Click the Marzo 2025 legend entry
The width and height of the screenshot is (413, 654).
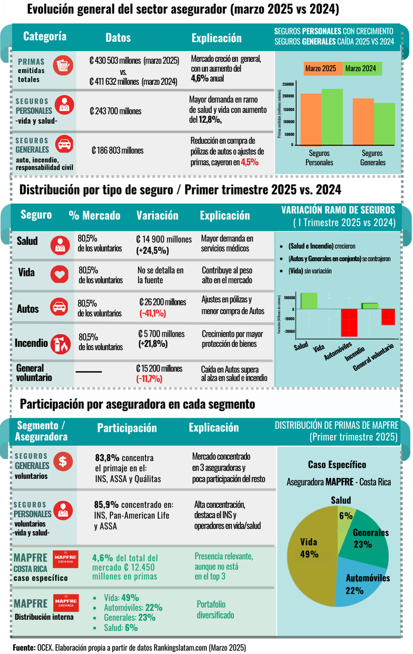[x=321, y=68]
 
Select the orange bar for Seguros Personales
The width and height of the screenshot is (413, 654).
[x=310, y=119]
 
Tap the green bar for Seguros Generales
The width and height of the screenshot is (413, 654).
[x=384, y=124]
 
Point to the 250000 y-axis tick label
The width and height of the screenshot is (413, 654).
[x=288, y=84]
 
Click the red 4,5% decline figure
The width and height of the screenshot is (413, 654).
[x=250, y=162]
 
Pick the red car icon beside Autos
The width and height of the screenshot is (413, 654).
[x=59, y=307]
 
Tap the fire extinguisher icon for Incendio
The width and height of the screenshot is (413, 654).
[x=61, y=343]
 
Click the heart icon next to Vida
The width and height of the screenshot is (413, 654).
[x=59, y=274]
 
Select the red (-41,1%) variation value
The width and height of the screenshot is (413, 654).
[x=153, y=313]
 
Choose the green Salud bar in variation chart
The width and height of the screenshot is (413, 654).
[x=309, y=301]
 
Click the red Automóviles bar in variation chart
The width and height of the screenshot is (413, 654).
[x=349, y=322]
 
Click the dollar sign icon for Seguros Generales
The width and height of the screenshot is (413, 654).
[x=63, y=461]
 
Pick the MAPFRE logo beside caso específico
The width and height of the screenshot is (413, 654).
[x=66, y=559]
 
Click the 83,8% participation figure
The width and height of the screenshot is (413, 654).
[x=107, y=458]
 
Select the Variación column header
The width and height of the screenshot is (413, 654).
[x=157, y=216]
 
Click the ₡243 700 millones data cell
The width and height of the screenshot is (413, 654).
[x=116, y=111]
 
